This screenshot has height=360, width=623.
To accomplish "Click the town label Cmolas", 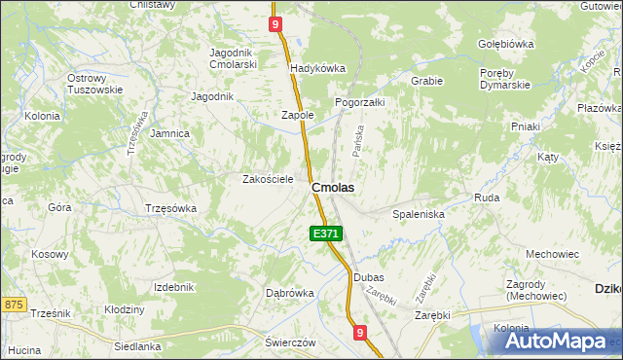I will [x=332, y=186].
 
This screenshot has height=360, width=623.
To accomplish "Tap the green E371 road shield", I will [x=326, y=234].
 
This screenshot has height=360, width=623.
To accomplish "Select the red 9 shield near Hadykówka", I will [x=276, y=23].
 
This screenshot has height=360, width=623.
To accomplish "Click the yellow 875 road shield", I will [x=13, y=305].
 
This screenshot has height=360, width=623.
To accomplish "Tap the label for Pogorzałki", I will [x=360, y=101].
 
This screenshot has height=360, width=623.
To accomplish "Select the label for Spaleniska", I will [x=418, y=213].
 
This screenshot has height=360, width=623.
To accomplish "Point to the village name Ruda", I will [x=487, y=198].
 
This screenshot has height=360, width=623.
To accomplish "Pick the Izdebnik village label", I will [x=174, y=287].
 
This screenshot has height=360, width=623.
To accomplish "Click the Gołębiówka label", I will [x=506, y=44].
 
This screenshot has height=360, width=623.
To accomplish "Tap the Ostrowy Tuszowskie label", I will [x=94, y=84].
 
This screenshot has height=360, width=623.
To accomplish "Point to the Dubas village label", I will [x=369, y=277].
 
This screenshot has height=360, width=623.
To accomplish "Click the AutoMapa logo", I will [x=557, y=342].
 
